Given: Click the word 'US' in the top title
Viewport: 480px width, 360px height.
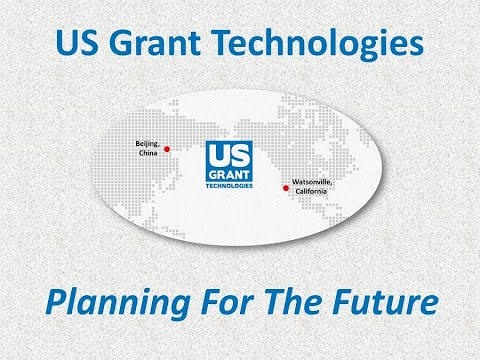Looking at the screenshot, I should coord(80,45).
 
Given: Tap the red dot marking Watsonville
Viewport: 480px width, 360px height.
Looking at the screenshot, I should coord(286,187).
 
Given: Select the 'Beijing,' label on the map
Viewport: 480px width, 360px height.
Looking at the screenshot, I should coord(147,145).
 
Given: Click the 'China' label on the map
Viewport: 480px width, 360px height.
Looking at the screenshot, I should coord(147,155).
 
